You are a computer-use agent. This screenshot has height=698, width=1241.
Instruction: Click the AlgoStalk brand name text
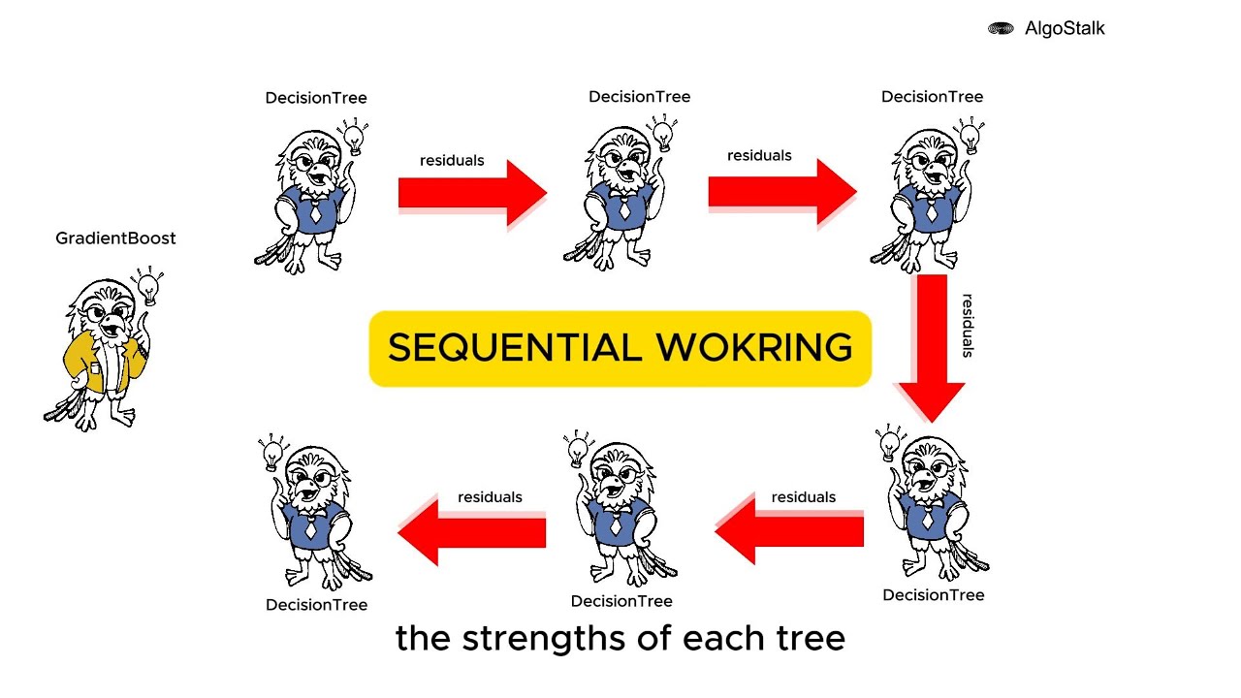pyautogui.click(x=1065, y=28)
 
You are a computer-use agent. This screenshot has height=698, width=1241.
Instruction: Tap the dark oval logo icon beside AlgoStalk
pyautogui.click(x=1001, y=28)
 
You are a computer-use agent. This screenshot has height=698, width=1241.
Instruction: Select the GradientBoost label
pyautogui.click(x=115, y=238)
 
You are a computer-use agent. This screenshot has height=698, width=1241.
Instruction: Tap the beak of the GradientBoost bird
pyautogui.click(x=114, y=325)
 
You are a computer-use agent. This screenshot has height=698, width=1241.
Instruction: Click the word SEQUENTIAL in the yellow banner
pyautogui.click(x=515, y=348)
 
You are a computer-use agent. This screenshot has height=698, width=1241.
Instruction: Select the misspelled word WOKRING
pyautogui.click(x=754, y=348)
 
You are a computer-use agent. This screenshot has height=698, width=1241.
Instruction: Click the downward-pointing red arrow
pyautogui.click(x=932, y=348)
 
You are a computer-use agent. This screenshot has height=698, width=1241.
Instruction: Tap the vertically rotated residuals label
pyautogui.click(x=968, y=326)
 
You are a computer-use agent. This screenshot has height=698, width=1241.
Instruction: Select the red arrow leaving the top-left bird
pyautogui.click(x=472, y=193)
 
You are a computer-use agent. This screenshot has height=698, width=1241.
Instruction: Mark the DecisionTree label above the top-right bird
pyautogui.click(x=933, y=97)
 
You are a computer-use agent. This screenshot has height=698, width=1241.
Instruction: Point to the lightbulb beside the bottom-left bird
pyautogui.click(x=272, y=453)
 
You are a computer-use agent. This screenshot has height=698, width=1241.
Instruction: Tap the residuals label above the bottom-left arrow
pyautogui.click(x=490, y=497)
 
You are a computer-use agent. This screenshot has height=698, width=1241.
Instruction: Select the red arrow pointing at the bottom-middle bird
pyautogui.click(x=789, y=529)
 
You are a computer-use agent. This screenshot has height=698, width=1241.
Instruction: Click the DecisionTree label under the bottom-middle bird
pyautogui.click(x=621, y=602)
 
